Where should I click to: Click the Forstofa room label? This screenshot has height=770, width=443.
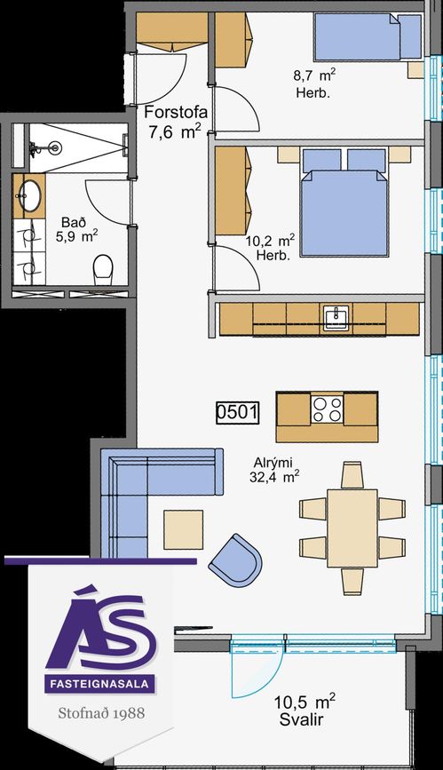(x=176, y=113)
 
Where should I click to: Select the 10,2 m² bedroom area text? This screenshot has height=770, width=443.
(x=270, y=241)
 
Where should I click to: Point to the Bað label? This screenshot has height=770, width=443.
(x=71, y=222)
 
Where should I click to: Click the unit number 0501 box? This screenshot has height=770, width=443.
(x=238, y=412)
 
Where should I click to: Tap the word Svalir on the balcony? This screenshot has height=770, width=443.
(x=301, y=720)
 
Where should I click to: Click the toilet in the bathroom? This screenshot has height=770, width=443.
(x=103, y=269)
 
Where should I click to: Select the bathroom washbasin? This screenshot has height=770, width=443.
(x=30, y=195)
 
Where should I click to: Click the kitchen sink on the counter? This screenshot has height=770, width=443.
(x=336, y=317)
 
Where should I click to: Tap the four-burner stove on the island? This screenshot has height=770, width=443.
(x=327, y=409)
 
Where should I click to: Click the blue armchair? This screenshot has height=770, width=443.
(x=236, y=559)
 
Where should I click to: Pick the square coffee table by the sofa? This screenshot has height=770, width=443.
(x=183, y=529)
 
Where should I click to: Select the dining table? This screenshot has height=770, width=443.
(x=352, y=528)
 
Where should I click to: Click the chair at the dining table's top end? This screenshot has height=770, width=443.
(x=352, y=475)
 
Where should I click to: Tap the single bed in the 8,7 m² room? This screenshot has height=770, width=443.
(x=368, y=36)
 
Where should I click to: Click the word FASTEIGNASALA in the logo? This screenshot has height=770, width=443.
(x=99, y=683)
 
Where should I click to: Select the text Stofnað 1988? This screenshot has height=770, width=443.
(x=102, y=712)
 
